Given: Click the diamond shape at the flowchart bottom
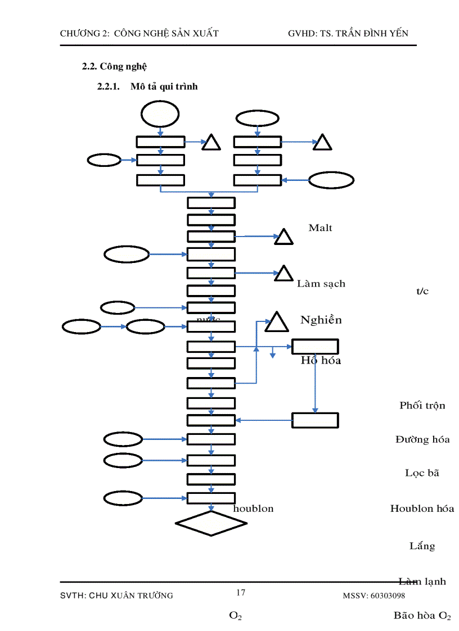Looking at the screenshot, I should point(211,523).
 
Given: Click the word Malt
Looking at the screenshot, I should point(320,228).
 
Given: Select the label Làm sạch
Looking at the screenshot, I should point(321,284).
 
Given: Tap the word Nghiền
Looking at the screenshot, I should point(321,320).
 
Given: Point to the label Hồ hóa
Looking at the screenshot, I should point(321,360).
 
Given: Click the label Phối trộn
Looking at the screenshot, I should point(422,405).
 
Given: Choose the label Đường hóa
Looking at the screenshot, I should point(422,439).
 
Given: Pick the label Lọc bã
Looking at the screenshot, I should point(422,473).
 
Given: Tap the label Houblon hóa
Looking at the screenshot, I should point(422,509).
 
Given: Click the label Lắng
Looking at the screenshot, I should point(422,546).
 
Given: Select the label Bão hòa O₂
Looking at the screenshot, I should point(422,616).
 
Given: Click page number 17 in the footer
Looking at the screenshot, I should point(241,592).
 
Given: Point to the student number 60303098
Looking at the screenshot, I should point(386,596).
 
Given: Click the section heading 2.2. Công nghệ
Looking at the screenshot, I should point(114,66).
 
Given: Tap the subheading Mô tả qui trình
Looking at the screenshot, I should point(164,87).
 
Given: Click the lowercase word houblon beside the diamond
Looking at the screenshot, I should point(253,509).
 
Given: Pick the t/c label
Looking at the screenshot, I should point(422,291).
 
